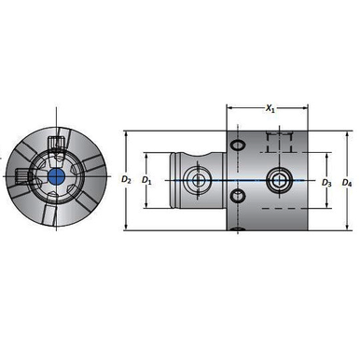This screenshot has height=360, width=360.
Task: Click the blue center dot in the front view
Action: pos(54,176)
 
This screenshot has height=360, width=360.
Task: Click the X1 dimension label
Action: pos(270,109)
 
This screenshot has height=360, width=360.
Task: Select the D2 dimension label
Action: pos(127,177)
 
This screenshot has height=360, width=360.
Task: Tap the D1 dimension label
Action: pos(147,177)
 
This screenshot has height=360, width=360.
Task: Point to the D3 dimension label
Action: pos(326,182)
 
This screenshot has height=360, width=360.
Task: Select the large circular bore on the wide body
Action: pos(278,177)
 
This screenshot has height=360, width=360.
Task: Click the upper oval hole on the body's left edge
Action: pos(238,146)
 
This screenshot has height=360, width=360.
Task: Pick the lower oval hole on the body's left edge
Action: pos(238,195)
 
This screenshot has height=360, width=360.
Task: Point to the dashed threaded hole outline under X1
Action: pos(278,142)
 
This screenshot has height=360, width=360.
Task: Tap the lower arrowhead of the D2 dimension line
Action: pos(126,228)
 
